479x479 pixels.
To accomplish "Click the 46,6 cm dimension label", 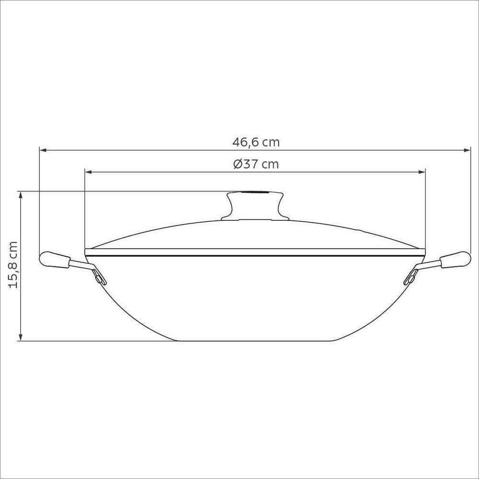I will tap(256, 142).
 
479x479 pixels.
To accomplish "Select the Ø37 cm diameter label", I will tap(256, 164).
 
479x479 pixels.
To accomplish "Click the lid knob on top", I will tap(254, 205).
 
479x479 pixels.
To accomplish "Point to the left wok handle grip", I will tap(54, 260).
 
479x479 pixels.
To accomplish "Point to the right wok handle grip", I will tap(455, 260).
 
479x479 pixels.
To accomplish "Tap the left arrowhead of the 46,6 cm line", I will tap(43, 150).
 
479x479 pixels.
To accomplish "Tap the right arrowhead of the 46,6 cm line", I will tap(468, 150).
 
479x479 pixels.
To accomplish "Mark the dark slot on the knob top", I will tap(254, 193).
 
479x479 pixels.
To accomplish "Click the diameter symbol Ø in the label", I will tap(238, 164).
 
